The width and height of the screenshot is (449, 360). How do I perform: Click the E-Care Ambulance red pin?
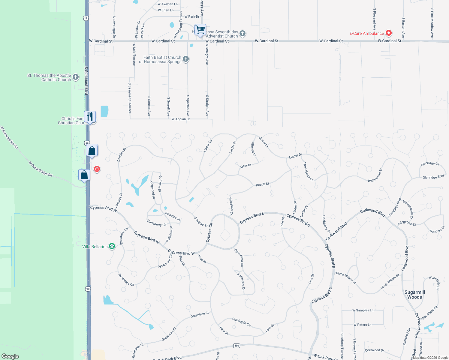click(388, 33)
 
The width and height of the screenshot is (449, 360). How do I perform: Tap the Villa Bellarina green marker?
click(112, 246)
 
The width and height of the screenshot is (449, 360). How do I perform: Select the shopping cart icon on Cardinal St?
click(200, 30)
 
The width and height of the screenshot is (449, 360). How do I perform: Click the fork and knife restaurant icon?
click(89, 116)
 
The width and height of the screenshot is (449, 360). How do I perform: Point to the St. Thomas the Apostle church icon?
click(76, 77)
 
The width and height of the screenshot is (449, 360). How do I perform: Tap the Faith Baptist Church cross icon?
click(186, 59)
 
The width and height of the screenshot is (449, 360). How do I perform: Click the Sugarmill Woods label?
click(414, 295)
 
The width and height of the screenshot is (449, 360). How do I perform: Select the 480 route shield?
click(237, 346)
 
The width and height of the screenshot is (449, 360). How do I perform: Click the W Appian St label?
click(181, 119)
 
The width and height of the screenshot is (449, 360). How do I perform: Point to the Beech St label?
click(262, 184)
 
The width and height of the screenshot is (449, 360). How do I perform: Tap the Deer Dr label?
click(246, 166)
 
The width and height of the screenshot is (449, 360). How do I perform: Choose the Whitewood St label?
click(375, 175)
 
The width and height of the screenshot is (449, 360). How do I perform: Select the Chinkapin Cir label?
click(241, 322)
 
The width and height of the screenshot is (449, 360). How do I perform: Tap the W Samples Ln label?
click(363, 310)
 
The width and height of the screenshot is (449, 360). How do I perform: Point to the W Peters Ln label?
click(362, 325)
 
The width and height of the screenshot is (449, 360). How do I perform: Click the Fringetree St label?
click(407, 223)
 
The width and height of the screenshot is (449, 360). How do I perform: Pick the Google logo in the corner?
click(10, 356)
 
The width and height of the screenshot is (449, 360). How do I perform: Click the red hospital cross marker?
click(97, 169)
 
